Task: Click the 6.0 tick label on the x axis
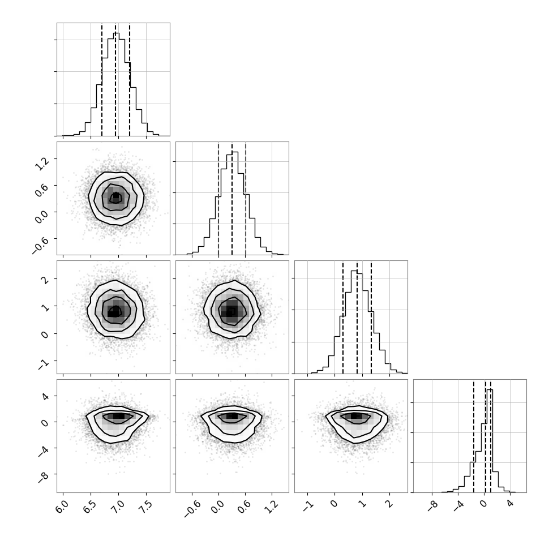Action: click(62, 507)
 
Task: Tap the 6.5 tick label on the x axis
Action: click(90, 507)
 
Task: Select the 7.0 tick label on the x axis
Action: click(118, 507)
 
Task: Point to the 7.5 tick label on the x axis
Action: click(145, 507)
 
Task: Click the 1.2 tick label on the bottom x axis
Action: click(271, 507)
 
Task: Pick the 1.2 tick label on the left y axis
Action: click(42, 163)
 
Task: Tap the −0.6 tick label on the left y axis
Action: click(41, 244)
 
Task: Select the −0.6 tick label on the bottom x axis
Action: click(192, 509)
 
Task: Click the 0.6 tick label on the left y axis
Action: click(42, 190)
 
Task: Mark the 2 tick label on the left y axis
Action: click(45, 280)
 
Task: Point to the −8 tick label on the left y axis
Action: click(43, 477)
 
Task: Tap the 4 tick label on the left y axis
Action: click(45, 396)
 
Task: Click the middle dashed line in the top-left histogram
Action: click(115, 80)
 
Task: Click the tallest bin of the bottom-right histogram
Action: click(490, 441)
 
